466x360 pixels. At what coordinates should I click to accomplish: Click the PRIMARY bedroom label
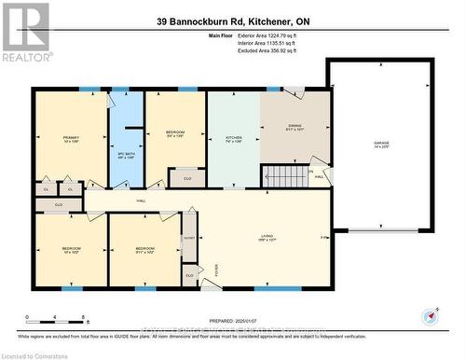click(x=71, y=139)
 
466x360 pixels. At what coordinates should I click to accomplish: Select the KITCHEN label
click(x=233, y=139)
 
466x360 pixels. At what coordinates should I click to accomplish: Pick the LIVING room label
click(x=267, y=237)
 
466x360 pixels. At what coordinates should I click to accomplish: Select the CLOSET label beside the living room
click(x=189, y=238)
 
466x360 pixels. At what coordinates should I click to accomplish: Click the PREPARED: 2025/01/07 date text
click(x=225, y=321)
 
